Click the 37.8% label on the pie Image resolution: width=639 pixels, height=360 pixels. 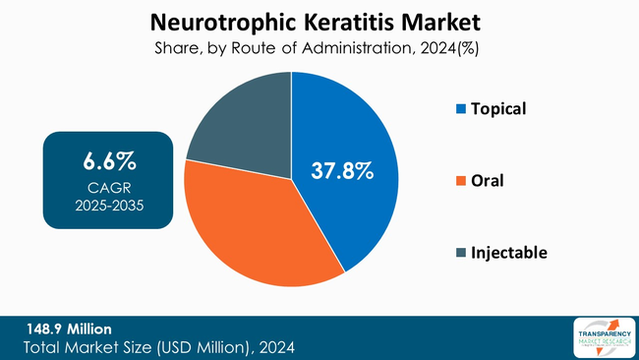coord(342,170)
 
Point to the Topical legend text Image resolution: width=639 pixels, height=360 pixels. coord(499,108)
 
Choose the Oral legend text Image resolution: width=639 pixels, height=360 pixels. coord(489,181)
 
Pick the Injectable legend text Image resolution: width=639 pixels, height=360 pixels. coord(509,253)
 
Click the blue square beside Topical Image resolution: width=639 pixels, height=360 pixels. coord(461,109)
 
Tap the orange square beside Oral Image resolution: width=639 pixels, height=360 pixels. coord(461,181)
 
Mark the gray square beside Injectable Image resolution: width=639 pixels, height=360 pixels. coord(461,254)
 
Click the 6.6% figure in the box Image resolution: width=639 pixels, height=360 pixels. coord(108,160)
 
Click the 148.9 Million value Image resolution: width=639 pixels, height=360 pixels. coord(70,329)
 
